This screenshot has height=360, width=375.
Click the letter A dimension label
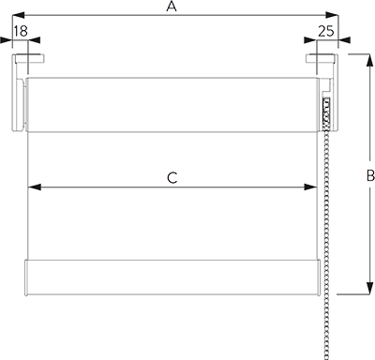click(171, 8)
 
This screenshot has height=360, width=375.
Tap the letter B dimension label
click(368, 175)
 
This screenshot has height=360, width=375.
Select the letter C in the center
click(172, 176)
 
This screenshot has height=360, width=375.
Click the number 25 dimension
click(327, 32)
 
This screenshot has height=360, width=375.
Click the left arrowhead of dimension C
click(37, 187)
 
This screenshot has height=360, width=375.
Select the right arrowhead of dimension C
click(307, 187)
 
